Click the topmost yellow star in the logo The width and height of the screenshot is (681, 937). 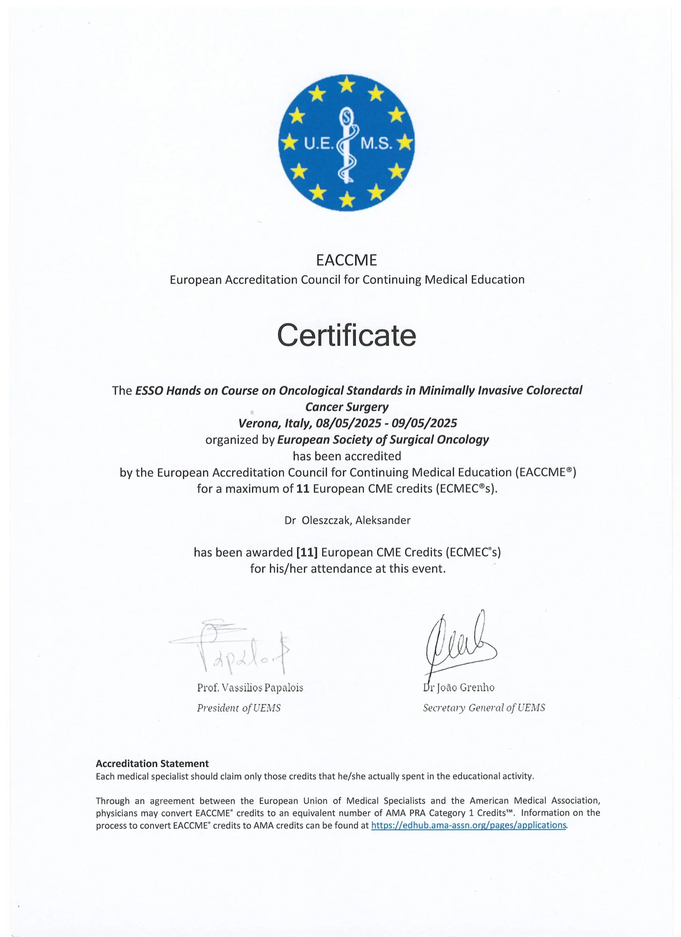[347, 85]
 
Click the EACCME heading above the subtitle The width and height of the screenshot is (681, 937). [346, 260]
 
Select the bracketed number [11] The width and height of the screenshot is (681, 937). [307, 552]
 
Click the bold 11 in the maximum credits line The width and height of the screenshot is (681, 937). [303, 489]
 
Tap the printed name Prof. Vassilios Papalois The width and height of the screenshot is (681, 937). [250, 688]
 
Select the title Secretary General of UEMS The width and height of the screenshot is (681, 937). [484, 708]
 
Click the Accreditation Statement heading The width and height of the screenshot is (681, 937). [152, 764]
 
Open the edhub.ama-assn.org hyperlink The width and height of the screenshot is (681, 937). [468, 825]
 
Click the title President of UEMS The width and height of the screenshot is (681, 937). [239, 708]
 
